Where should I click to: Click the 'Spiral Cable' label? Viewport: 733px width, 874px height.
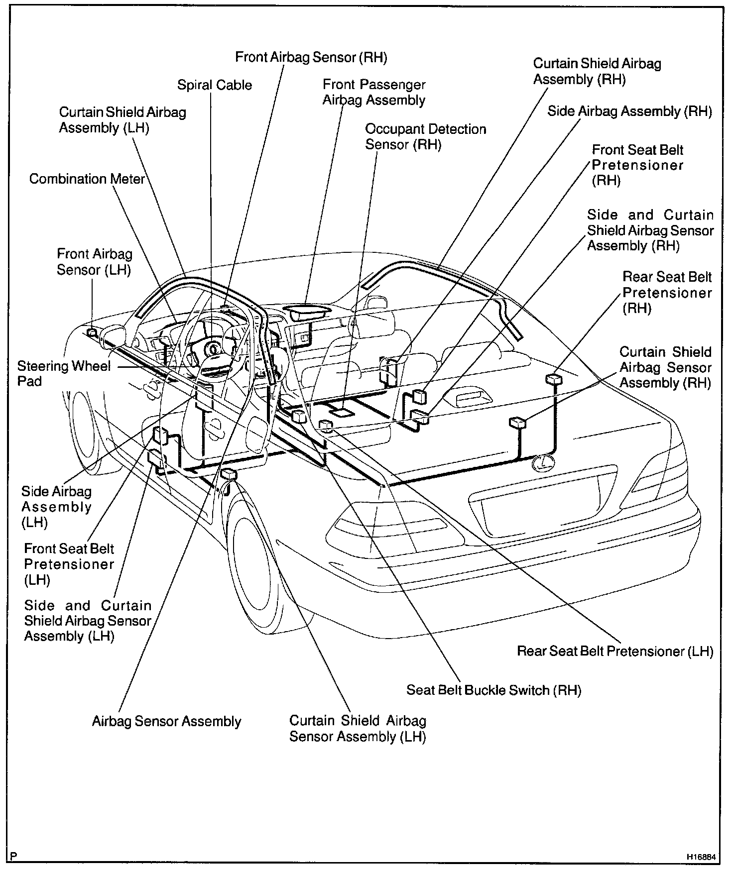(215, 85)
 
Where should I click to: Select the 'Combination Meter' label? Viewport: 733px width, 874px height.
(87, 179)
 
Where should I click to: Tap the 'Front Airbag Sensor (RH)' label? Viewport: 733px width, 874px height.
(311, 57)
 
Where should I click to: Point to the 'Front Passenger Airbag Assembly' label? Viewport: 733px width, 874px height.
(374, 93)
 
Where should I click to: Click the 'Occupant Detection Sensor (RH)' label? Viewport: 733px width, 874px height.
(425, 136)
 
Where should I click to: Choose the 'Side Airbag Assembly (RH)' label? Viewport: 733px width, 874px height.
(629, 111)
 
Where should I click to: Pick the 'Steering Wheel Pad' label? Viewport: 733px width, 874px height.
(64, 374)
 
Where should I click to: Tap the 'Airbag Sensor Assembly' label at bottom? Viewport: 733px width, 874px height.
(166, 721)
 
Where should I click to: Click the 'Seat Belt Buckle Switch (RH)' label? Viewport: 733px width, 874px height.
(493, 690)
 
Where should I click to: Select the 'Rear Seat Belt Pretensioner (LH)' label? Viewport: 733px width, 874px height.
(615, 651)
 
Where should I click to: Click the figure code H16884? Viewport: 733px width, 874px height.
(701, 857)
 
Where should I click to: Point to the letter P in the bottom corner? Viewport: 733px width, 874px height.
(13, 857)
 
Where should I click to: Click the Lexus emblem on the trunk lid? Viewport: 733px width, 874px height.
(542, 463)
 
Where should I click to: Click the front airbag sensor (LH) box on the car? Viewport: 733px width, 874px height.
(92, 332)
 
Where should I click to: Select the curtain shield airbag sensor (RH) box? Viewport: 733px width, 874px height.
(518, 423)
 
